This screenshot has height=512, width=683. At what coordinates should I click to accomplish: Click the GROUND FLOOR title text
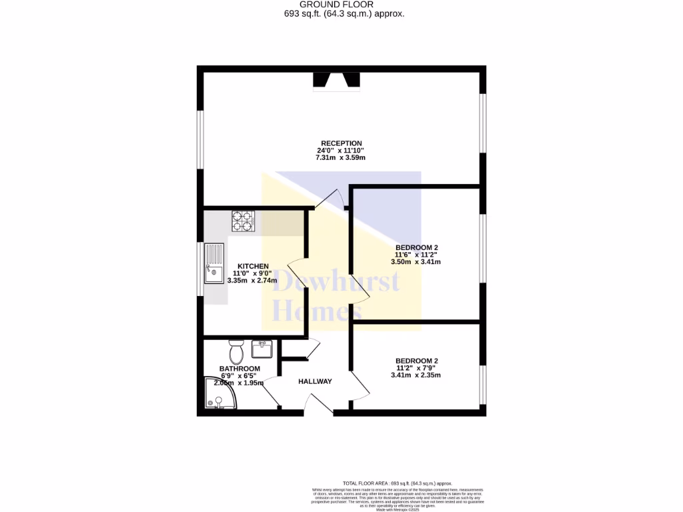click(x=341, y=4)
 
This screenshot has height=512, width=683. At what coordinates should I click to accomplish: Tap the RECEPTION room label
click(x=341, y=143)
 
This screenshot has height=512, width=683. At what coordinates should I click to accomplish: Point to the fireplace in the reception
click(x=337, y=80)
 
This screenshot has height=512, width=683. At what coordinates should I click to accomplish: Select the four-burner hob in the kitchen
click(x=243, y=221)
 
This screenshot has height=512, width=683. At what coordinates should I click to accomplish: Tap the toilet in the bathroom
click(x=236, y=351)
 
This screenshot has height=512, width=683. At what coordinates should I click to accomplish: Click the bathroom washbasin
click(x=261, y=349)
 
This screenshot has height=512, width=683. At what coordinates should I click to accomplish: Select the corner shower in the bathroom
click(x=218, y=395)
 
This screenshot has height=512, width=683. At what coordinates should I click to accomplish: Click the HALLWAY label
click(x=315, y=381)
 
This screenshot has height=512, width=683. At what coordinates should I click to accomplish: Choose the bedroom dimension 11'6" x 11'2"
click(x=416, y=255)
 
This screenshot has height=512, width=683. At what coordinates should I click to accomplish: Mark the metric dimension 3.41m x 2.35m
click(x=416, y=375)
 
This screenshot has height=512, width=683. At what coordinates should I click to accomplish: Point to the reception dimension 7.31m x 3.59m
click(x=341, y=158)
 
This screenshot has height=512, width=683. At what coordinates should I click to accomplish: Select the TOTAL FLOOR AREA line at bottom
click(x=397, y=483)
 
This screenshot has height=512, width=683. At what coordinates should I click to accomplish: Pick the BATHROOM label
click(x=239, y=369)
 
